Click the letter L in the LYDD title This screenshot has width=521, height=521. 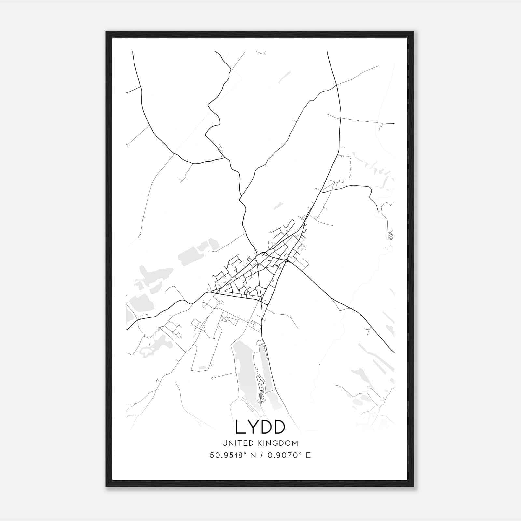(241, 427)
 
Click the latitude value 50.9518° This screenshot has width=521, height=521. (226, 455)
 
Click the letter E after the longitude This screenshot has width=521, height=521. (308, 455)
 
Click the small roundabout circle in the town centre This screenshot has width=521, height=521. (286, 260)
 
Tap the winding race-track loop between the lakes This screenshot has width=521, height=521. (261, 389)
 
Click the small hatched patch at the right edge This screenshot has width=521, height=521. (391, 235)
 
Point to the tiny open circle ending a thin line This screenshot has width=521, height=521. (212, 378)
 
